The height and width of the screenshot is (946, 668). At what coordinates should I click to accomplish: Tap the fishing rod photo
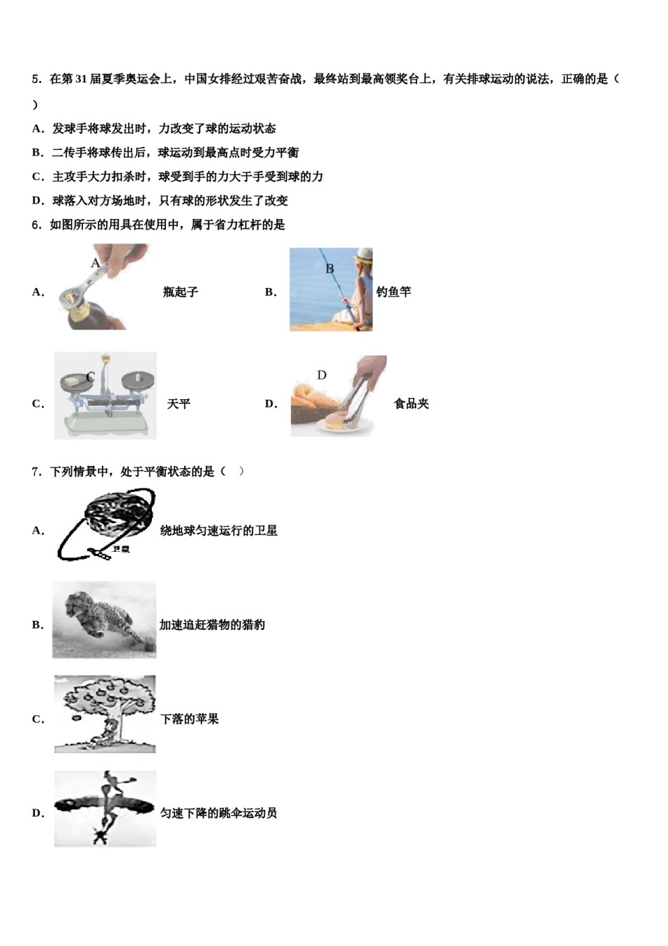330,289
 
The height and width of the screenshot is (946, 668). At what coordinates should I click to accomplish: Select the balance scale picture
105,396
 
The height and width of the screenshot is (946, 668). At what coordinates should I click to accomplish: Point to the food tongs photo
338,396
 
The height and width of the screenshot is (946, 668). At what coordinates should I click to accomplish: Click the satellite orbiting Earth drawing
105,525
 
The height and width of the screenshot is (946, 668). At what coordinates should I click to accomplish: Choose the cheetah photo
104,620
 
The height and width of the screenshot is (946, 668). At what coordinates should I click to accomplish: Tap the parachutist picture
105,809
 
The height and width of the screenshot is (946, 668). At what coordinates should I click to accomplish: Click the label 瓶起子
181,292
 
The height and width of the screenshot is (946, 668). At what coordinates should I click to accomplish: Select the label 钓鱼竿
394,292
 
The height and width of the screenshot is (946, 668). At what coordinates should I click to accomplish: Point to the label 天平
179,404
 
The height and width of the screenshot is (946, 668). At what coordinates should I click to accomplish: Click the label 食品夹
411,404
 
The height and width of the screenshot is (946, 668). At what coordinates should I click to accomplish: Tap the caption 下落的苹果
190,719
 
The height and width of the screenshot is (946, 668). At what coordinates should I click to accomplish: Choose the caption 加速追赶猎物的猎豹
212,625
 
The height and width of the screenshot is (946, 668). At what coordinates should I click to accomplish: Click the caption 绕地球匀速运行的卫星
219,531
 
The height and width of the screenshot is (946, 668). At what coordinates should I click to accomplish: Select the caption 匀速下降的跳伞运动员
219,813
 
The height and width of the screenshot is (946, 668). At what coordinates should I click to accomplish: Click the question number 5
36,80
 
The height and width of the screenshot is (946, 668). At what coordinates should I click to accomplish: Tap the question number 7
36,472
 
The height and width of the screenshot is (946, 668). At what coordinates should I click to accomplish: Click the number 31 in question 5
81,80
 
